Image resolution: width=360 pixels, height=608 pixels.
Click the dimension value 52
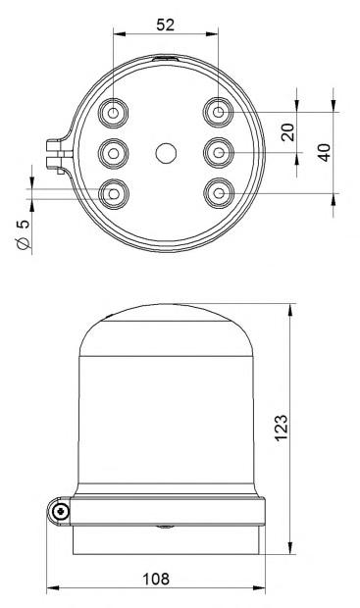pyautogui.click(x=165, y=25)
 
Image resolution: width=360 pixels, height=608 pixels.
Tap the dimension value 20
pyautogui.click(x=287, y=132)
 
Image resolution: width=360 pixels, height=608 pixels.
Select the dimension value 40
pyautogui.click(x=325, y=152)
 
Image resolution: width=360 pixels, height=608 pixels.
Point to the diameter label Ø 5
pyautogui.click(x=24, y=234)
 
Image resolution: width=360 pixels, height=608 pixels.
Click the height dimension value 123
pyautogui.click(x=282, y=428)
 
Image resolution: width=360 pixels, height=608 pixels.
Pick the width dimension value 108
pyautogui.click(x=156, y=579)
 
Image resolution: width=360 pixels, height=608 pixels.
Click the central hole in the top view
pyautogui.click(x=166, y=153)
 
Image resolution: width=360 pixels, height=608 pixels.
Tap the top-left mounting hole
pyautogui.click(x=113, y=113)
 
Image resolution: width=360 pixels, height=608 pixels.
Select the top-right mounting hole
pyautogui.click(x=219, y=113)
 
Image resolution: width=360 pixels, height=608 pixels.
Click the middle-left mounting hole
pyautogui.click(x=113, y=154)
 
